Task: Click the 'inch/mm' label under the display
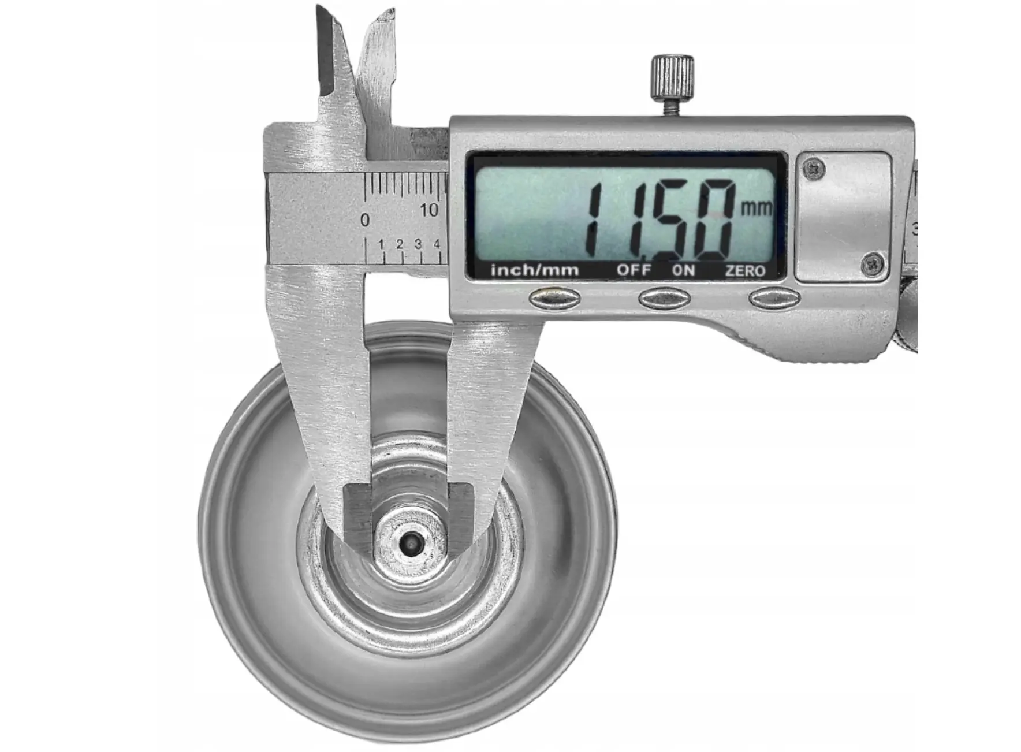click(x=534, y=269)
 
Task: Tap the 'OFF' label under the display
click(x=634, y=270)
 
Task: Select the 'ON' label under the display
click(x=683, y=270)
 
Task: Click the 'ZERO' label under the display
click(x=746, y=270)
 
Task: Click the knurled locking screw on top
click(x=672, y=77)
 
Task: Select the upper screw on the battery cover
click(x=815, y=169)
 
